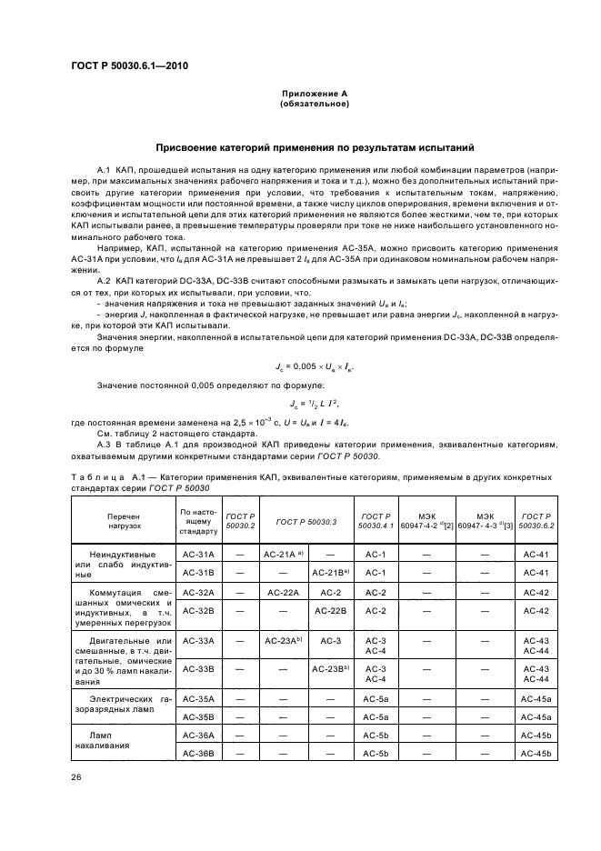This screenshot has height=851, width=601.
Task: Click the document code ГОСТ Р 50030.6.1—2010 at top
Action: (x=129, y=66)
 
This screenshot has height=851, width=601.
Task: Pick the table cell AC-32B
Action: (x=197, y=611)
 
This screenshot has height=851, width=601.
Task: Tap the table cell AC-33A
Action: (x=197, y=641)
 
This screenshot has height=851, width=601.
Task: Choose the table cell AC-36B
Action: (x=197, y=754)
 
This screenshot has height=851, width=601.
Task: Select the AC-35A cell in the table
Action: (x=197, y=699)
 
